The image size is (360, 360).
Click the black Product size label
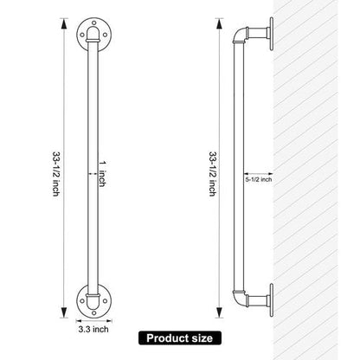point(180,338)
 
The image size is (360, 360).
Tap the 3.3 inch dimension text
point(93,329)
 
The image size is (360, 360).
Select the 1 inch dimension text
point(102,174)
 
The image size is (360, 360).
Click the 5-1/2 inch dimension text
point(259,179)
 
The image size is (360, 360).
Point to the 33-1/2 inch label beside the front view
point(56,174)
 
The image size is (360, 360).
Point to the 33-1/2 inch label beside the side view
point(213,174)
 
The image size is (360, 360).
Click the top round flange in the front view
point(93,35)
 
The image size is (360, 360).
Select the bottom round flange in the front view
point(93,300)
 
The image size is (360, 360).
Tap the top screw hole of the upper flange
point(93,22)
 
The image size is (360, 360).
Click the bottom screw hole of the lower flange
point(93,313)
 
